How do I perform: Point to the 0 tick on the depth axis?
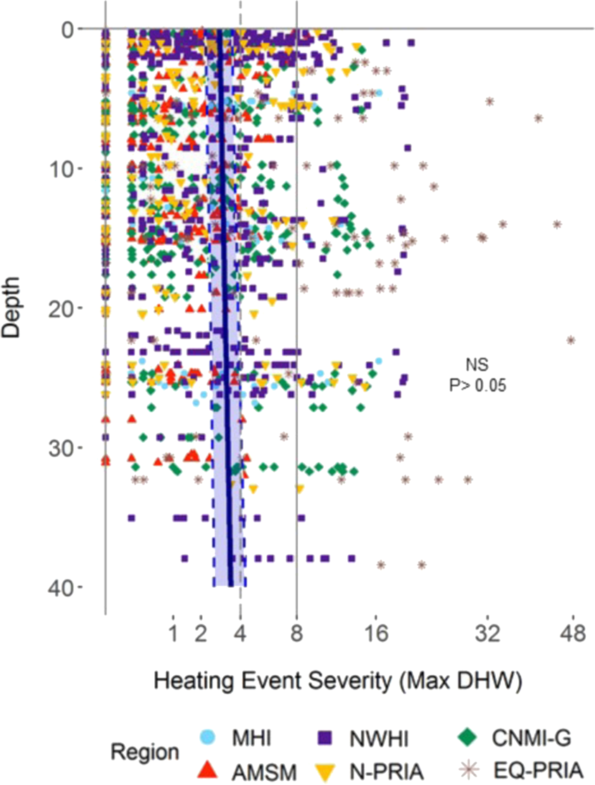click(x=67, y=29)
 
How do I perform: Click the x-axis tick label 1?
click(x=173, y=635)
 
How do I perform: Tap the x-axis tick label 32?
click(x=487, y=635)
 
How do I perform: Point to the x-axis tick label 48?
click(x=572, y=635)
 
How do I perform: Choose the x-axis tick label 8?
click(x=296, y=635)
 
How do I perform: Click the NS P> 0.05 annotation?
click(x=478, y=375)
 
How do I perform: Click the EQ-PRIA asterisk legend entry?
click(x=470, y=769)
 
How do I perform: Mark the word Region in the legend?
click(x=144, y=752)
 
